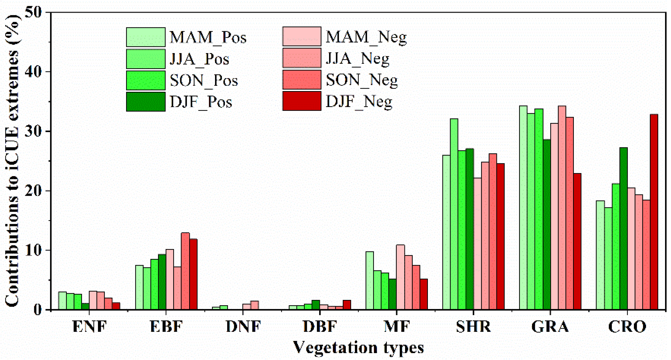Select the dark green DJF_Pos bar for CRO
(x=623, y=229)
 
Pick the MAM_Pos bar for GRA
(x=523, y=208)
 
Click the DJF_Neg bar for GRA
(x=577, y=241)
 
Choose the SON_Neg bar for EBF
(x=185, y=271)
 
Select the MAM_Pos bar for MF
(x=370, y=281)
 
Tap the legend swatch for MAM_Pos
(x=146, y=37)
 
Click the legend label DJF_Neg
(x=359, y=102)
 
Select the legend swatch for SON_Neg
(x=302, y=80)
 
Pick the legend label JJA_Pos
(x=199, y=59)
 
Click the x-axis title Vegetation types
(x=358, y=348)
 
